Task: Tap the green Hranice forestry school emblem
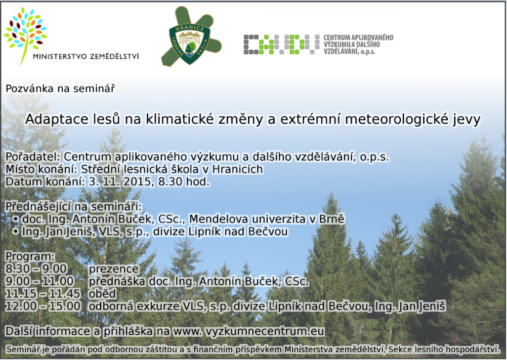pos(191,37)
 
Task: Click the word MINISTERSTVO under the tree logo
pos(60,56)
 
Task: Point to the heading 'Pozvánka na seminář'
pos(60,89)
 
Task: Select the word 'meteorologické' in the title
pos(396,120)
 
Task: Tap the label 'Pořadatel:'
pos(33,157)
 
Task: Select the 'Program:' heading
pos(31,257)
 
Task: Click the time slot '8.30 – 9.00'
pos(36,269)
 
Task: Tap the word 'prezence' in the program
pos(114,269)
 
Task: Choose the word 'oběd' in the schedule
pos(102,293)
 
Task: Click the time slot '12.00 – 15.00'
pos(43,306)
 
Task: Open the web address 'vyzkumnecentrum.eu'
pos(265,331)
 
